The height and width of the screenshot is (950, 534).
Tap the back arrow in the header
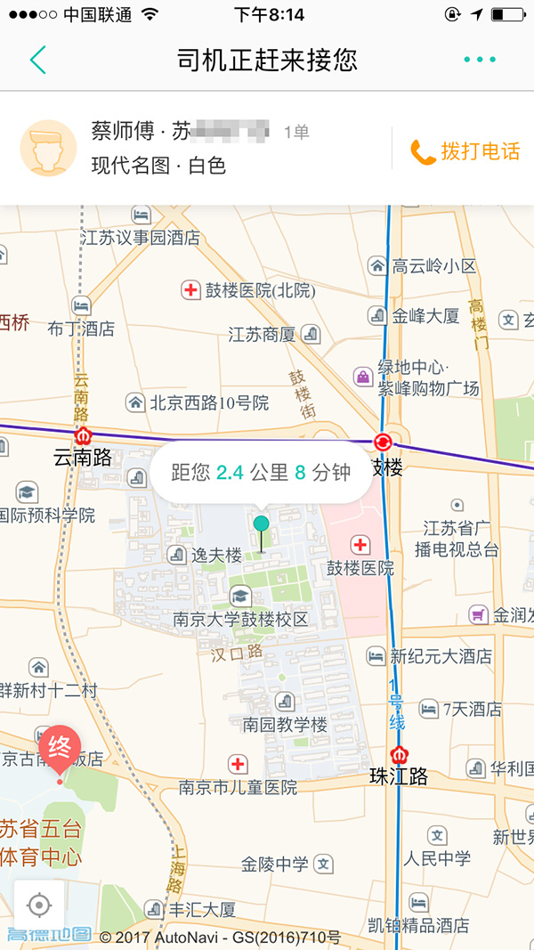(37, 60)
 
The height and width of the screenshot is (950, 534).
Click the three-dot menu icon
(480, 60)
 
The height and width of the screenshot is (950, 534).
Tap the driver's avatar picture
(48, 148)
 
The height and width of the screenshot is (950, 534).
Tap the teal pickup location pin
(261, 524)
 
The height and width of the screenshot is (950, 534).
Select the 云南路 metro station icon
(83, 436)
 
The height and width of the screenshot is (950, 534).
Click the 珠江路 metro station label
(398, 776)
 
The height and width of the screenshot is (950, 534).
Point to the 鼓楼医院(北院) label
(248, 290)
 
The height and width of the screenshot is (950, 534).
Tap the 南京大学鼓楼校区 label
(240, 620)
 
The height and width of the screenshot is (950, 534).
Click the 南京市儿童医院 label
(238, 787)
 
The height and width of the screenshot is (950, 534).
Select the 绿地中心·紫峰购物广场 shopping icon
(363, 377)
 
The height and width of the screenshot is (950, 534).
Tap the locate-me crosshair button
(39, 905)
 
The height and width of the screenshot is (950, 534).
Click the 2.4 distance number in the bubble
(231, 473)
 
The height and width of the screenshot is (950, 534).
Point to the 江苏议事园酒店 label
(141, 238)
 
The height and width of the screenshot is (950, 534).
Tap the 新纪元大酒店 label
(441, 656)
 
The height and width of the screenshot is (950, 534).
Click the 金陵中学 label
(275, 864)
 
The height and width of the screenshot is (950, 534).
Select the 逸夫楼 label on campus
(216, 556)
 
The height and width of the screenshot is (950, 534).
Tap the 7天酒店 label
(472, 710)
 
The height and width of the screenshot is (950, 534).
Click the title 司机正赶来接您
(267, 60)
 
